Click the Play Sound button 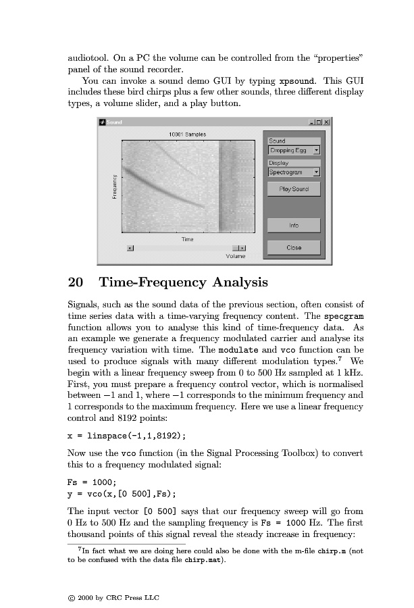(x=294, y=189)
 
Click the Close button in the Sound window (x=294, y=247)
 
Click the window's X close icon (x=327, y=122)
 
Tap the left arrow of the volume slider (x=131, y=248)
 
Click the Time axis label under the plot (x=188, y=239)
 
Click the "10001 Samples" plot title (x=187, y=134)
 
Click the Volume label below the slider (x=236, y=257)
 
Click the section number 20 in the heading (x=76, y=282)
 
